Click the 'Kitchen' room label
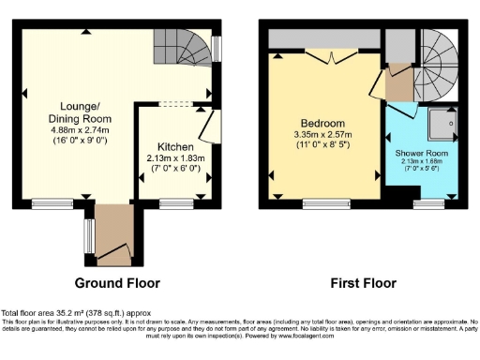pos(174,148)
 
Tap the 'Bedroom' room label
pos(322,124)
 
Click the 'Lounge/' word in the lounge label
pos(80,107)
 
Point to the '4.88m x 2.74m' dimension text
pos(80,130)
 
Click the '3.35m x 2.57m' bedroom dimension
pos(322,135)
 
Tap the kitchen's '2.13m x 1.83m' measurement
pos(174,159)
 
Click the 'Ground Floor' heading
pos(117,283)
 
